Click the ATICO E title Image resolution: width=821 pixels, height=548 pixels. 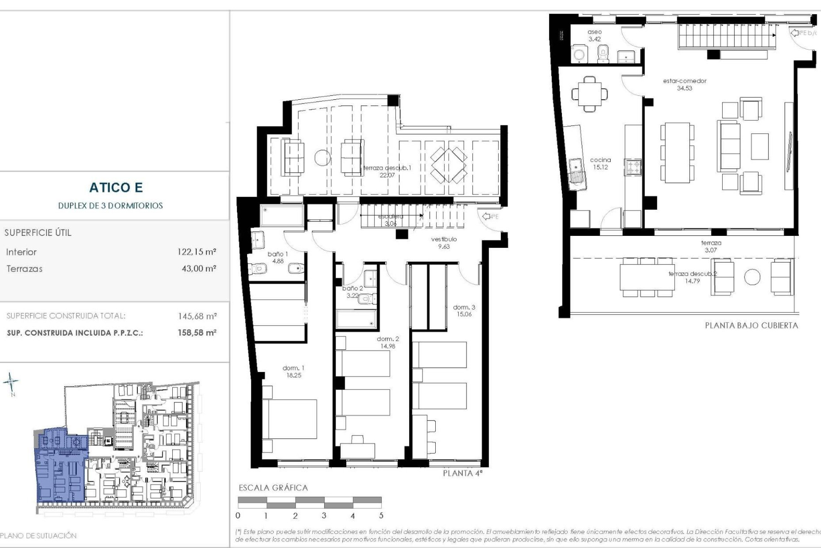[116, 188]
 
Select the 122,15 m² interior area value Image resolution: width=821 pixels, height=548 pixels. [197, 252]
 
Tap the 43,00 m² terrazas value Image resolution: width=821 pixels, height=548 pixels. [199, 268]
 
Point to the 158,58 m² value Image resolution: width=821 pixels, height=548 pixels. [197, 333]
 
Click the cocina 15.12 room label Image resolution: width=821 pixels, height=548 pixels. [600, 164]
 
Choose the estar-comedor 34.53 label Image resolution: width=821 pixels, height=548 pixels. [685, 84]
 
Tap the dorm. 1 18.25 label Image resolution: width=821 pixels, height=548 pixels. [294, 372]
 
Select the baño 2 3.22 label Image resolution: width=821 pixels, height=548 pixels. [353, 292]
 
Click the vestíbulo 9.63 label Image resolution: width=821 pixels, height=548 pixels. [444, 243]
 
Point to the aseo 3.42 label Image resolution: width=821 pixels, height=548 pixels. [594, 36]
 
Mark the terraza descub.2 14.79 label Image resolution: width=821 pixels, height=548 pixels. [692, 277]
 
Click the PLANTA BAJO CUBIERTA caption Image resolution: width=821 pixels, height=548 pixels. [751, 325]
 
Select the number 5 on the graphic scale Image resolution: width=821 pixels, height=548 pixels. [381, 515]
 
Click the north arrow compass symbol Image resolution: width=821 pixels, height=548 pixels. [11, 382]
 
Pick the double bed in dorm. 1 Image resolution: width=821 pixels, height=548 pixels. [289, 419]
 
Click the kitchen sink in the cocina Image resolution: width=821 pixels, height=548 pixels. [576, 171]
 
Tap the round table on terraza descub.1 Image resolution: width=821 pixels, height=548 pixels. [322, 158]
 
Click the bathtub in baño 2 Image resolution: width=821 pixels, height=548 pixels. [356, 319]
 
